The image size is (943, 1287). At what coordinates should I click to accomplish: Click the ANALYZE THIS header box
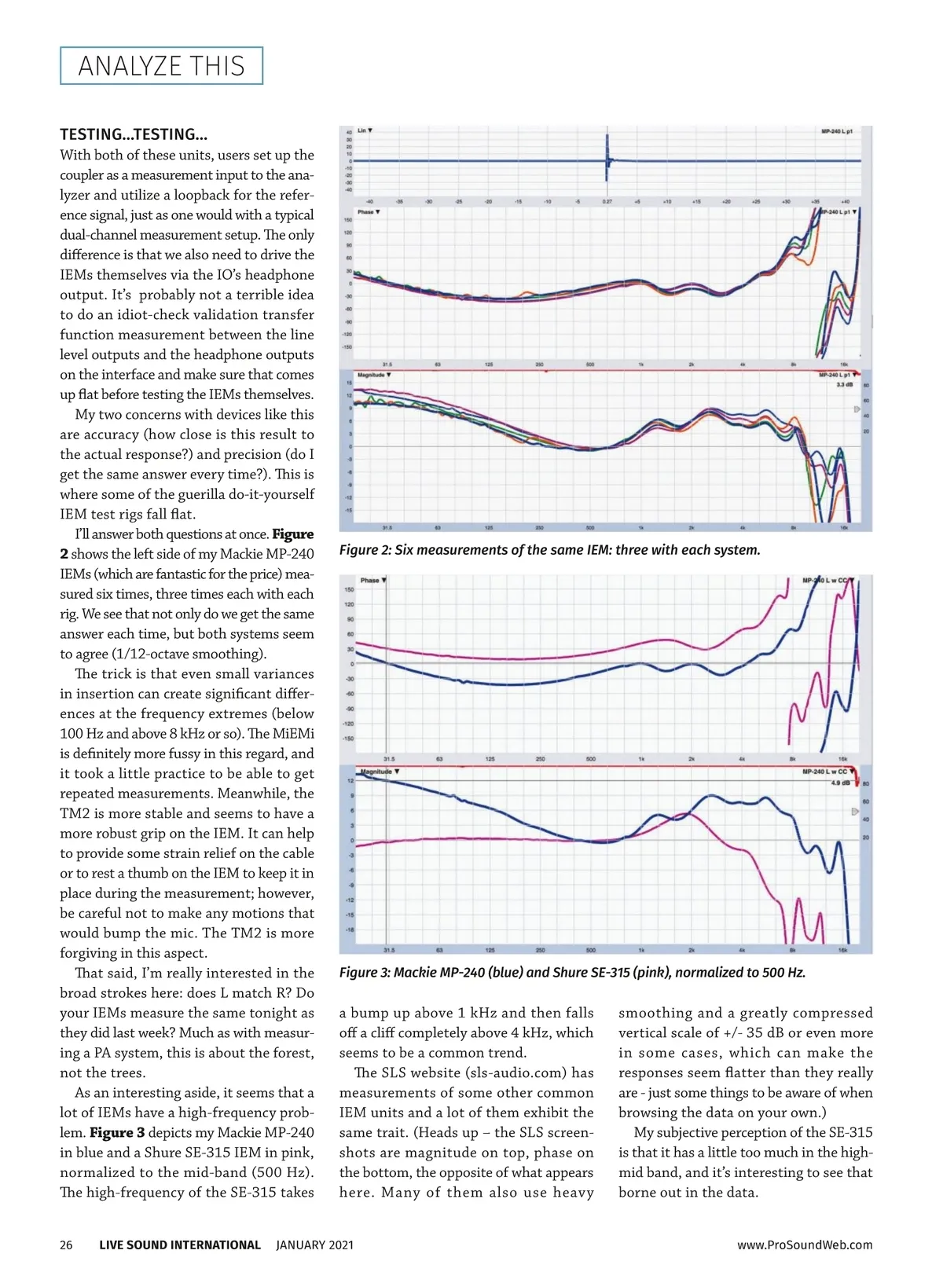pos(161,66)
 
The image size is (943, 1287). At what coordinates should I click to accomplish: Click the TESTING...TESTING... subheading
pos(134,134)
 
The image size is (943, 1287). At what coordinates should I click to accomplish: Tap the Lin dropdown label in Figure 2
pos(365,130)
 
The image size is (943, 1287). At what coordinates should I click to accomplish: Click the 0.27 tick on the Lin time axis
pos(607,201)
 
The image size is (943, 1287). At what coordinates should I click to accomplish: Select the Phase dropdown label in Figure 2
pos(369,212)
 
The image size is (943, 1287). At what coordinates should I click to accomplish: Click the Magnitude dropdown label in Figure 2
pos(374,375)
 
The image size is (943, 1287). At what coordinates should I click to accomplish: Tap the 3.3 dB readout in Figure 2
pos(844,385)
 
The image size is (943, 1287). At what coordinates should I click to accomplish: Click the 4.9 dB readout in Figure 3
pos(840,783)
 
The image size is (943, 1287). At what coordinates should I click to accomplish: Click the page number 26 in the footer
pos(66,1245)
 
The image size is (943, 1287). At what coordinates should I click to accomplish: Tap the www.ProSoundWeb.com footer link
pos(805,1245)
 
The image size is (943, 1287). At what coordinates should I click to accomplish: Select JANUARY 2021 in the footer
pos(314,1245)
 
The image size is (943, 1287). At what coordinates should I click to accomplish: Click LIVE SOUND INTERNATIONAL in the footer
pos(180,1245)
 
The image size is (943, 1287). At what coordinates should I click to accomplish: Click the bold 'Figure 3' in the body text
pos(117,1133)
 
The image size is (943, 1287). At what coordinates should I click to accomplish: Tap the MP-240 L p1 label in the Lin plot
pos(836,131)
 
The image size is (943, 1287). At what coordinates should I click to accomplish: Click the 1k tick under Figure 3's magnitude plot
pos(641,949)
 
